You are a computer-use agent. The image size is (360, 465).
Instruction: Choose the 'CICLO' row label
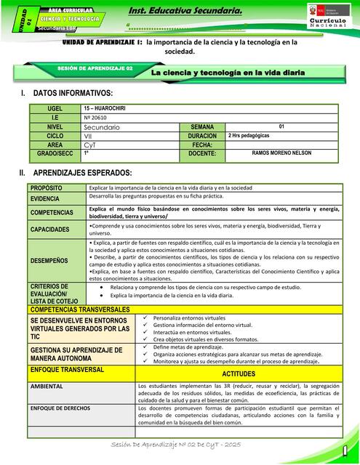coord(55,136)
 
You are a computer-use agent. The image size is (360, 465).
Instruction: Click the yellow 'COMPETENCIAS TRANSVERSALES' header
coord(80,309)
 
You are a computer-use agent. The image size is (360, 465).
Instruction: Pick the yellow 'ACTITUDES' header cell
coord(238,373)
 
